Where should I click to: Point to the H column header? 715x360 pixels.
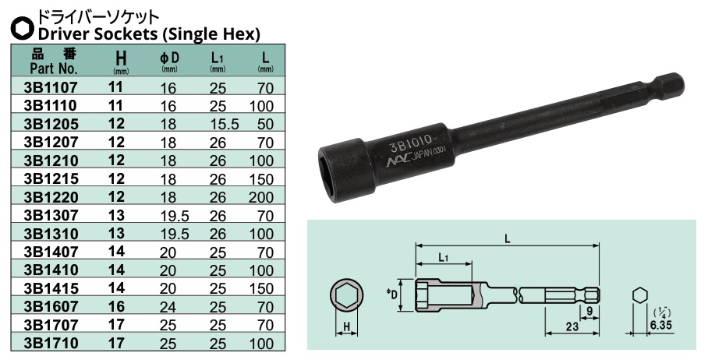tap(119, 59)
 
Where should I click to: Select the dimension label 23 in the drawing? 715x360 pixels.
tap(571, 328)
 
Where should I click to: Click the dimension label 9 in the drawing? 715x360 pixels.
tap(590, 311)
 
